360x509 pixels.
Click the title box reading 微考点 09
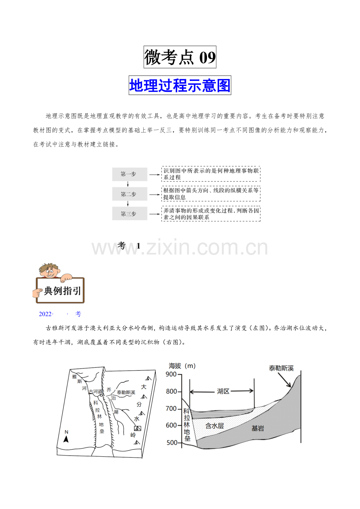pos(180,57)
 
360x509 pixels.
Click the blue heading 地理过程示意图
pos(180,85)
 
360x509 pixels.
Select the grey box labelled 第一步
pos(130,174)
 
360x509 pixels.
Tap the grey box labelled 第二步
pos(130,194)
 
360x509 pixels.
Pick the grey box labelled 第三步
pos(130,213)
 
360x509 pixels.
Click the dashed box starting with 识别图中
pos(211,174)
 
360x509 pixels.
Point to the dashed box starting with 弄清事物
pos(211,213)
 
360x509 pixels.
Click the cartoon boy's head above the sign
pos(49,271)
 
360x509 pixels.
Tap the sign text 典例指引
pos(62,291)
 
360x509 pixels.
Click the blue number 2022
pos(45,314)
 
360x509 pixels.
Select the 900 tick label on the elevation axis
pos(171,374)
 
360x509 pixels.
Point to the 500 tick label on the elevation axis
pos(172,443)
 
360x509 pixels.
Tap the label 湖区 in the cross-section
pos(223,391)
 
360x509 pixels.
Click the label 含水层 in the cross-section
pos(214,425)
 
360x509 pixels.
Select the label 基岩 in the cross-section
pos(257,428)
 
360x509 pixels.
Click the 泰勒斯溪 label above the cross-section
pos(281,368)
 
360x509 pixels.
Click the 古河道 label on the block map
pos(95,391)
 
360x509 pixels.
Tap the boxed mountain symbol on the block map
pos(138,428)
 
